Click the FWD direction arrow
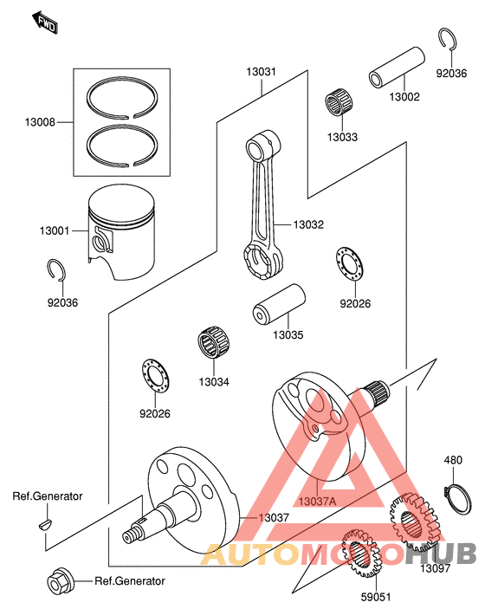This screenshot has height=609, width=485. pyautogui.click(x=45, y=23)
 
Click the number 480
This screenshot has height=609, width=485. pyautogui.click(x=454, y=461)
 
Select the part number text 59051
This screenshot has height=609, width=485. pyautogui.click(x=377, y=597)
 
